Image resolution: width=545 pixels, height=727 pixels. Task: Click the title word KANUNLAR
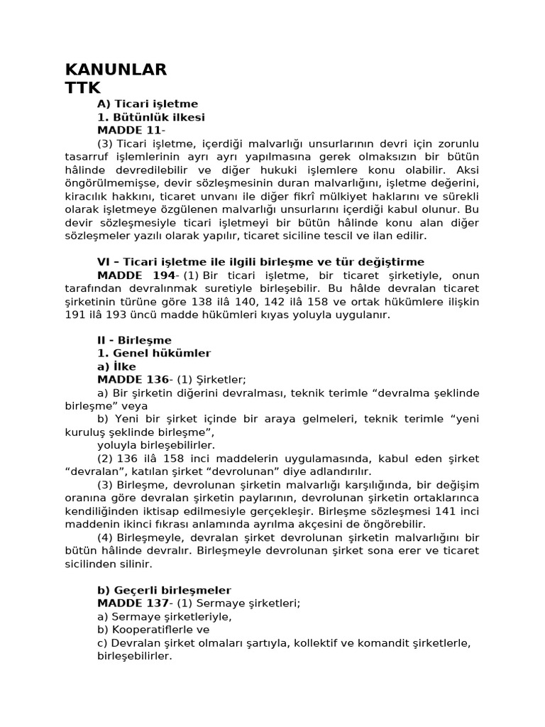tap(116, 70)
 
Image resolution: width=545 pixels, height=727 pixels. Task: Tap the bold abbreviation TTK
tap(83, 87)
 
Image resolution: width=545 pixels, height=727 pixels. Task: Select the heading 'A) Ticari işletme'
tap(148, 104)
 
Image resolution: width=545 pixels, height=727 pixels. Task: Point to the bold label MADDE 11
tap(129, 131)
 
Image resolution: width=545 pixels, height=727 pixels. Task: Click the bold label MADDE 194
tap(136, 275)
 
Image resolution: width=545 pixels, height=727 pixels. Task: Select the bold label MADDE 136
tap(133, 380)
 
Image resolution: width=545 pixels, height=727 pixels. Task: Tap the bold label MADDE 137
tap(133, 603)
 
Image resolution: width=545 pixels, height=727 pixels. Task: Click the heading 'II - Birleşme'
tap(134, 340)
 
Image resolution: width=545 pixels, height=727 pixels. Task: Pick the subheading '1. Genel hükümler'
tap(154, 353)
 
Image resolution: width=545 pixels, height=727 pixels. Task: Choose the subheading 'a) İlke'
tap(116, 366)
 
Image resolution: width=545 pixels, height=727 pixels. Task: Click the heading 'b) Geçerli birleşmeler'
tap(164, 590)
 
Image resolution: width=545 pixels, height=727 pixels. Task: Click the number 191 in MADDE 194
tap(75, 315)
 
